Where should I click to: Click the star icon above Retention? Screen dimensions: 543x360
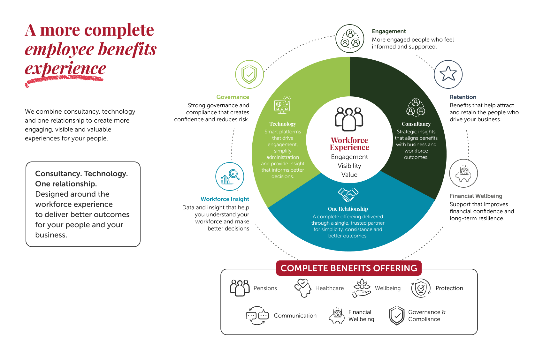pos(448,74)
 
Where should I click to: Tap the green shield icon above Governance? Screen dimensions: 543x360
pos(249,74)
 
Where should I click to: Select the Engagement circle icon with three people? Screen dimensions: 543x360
pos(350,39)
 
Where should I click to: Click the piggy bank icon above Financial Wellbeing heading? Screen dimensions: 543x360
pos(463,173)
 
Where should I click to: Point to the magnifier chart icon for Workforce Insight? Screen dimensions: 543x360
pos(230,176)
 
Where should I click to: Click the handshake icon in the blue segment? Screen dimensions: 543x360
pos(348,194)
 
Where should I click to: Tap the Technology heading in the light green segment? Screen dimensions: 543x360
pos(283,124)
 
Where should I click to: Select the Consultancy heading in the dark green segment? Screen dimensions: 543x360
pos(416,124)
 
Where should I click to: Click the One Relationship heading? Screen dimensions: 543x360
pos(348,209)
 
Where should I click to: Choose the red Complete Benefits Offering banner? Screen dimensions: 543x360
pos(349,268)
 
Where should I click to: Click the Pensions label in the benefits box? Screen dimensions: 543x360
pos(265,288)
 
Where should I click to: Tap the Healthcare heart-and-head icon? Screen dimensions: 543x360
pos(303,288)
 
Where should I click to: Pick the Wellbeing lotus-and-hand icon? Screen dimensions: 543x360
pos(362,288)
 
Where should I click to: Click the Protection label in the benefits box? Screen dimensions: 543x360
pos(449,288)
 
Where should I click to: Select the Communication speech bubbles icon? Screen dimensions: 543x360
pos(257,315)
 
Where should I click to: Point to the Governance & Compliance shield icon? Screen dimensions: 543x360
pos(397,315)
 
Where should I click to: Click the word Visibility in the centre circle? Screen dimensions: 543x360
pos(349,166)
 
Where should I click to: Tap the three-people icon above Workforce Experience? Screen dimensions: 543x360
pos(349,119)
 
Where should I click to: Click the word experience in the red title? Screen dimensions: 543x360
pos(65,69)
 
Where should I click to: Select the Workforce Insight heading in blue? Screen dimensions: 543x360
pos(225,199)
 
